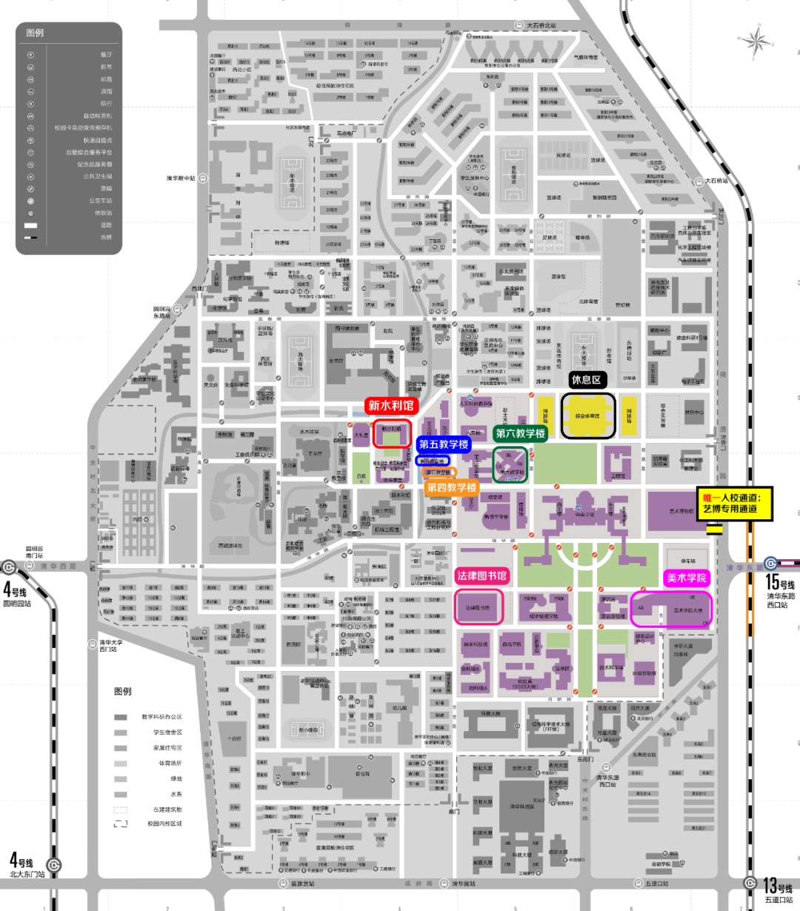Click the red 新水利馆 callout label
391,406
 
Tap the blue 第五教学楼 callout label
444,444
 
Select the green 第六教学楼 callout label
520,433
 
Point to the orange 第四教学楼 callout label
451,487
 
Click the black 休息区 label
586,380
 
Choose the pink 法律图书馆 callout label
482,576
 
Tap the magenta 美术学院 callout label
687,578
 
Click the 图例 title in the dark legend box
35,33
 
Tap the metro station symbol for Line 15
771,563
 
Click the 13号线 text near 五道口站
778,886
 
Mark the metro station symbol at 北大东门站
53,864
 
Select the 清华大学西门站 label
110,646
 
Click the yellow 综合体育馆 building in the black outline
588,416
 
